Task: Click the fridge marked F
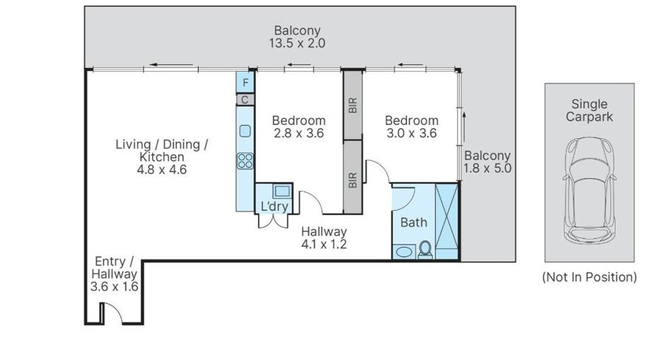pyautogui.click(x=245, y=82)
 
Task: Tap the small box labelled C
pyautogui.click(x=245, y=100)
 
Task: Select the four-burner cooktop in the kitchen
pyautogui.click(x=245, y=161)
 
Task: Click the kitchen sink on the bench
pyautogui.click(x=245, y=131)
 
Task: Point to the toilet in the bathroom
pyautogui.click(x=425, y=250)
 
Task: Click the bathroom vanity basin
pyautogui.click(x=403, y=251)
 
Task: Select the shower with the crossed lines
pyautogui.click(x=446, y=221)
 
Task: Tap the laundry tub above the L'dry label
pyautogui.click(x=282, y=191)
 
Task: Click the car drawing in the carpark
pyautogui.click(x=590, y=190)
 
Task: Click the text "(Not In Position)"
pyautogui.click(x=590, y=277)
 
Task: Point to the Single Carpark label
pyautogui.click(x=590, y=110)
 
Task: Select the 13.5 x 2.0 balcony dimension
pyautogui.click(x=297, y=44)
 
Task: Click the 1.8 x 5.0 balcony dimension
pyautogui.click(x=488, y=168)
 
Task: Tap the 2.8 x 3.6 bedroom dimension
pyautogui.click(x=299, y=133)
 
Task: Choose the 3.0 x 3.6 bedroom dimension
pyautogui.click(x=412, y=133)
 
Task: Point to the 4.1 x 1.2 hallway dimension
pyautogui.click(x=324, y=244)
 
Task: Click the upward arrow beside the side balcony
pyautogui.click(x=464, y=126)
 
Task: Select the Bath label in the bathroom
pyautogui.click(x=414, y=222)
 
